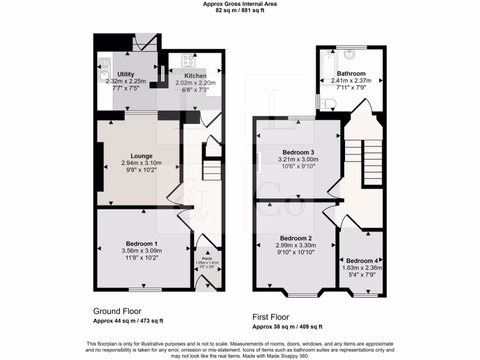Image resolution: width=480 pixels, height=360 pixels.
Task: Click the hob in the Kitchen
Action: point(189,60)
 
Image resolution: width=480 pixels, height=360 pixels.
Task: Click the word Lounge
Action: point(141,156)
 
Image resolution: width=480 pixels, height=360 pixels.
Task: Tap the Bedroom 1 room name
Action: point(141,244)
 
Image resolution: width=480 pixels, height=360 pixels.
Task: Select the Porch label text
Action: point(207,258)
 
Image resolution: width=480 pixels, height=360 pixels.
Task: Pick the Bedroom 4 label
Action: point(363,261)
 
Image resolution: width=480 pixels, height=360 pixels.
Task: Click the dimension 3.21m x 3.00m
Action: point(298,159)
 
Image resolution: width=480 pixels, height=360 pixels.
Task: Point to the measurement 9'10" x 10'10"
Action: point(296,252)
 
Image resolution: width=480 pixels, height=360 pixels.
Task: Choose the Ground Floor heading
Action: point(117,311)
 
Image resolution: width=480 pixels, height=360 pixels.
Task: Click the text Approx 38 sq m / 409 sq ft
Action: point(287,327)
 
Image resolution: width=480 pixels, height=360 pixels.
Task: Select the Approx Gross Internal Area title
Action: point(240,4)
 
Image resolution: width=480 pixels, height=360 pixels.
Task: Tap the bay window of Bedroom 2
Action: point(302,295)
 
